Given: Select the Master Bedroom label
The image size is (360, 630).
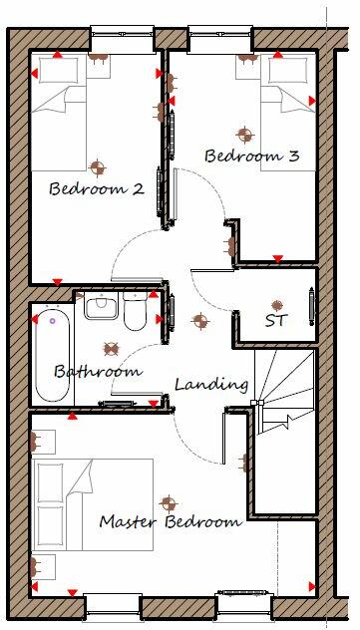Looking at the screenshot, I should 171,521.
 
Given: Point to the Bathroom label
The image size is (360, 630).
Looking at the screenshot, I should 98,371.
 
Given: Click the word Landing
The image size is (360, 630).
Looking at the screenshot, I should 211,384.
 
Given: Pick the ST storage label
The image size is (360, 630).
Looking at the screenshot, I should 276,321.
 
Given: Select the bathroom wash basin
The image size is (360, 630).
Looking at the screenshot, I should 101,306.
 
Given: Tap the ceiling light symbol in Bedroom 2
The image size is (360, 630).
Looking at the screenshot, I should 97,165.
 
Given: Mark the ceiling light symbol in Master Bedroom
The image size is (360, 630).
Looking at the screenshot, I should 168,502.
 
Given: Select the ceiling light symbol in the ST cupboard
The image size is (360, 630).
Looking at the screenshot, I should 277,304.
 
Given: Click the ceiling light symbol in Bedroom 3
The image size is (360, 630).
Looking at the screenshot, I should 241,133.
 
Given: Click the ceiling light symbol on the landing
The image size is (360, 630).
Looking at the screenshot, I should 199,321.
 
